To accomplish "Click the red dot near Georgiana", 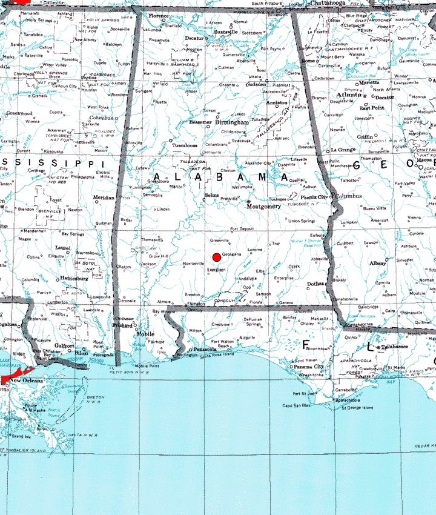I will coord(217,257).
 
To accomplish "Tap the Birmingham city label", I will coord(232,122).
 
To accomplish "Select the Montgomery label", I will coord(263,206).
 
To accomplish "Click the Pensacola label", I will coord(206,350).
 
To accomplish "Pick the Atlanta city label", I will coord(351,95).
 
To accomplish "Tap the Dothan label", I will coord(315,283).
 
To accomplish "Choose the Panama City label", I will coord(308,367).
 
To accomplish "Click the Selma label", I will coord(212,196).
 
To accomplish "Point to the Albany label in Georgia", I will coord(378,264).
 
